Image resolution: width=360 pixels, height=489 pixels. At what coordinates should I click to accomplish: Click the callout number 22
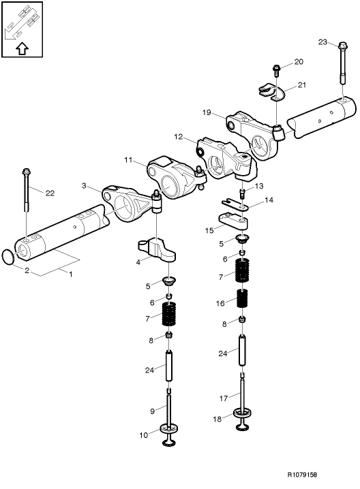[49, 193]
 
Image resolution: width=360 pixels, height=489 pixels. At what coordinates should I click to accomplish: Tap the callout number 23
[323, 42]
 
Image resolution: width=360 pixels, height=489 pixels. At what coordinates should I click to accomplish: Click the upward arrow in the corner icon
[22, 48]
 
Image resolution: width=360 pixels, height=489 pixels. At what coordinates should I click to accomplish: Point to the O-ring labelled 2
[7, 257]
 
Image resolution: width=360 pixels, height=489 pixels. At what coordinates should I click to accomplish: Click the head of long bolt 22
[26, 171]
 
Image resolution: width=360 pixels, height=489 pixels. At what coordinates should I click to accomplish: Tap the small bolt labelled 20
[275, 68]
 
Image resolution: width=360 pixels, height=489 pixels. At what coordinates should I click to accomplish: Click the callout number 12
[179, 137]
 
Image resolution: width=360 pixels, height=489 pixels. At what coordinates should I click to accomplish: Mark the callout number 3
[83, 185]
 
